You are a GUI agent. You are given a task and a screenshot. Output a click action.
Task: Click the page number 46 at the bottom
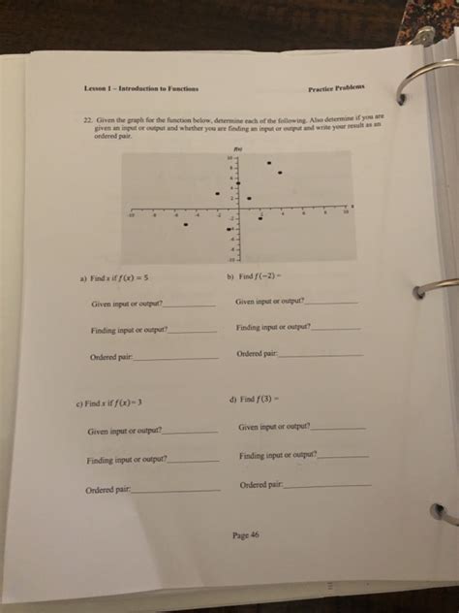(246, 534)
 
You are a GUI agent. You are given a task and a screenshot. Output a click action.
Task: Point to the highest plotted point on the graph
(268, 163)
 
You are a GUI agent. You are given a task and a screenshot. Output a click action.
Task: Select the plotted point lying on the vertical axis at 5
(238, 184)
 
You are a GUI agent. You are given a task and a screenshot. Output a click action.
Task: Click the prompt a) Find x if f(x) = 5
(116, 275)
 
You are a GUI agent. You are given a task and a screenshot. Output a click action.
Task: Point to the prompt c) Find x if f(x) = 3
(114, 403)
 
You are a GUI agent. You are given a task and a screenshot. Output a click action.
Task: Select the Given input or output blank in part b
(330, 303)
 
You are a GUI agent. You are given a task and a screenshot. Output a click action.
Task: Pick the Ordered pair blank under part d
(326, 484)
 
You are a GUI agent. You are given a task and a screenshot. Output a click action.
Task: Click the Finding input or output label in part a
(129, 331)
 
